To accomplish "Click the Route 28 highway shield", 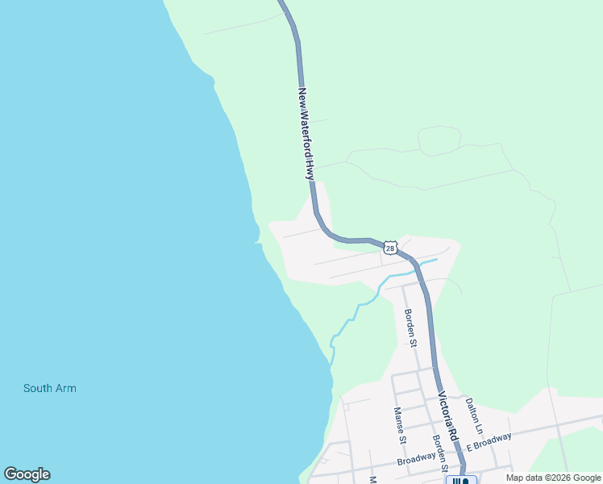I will click(390, 248).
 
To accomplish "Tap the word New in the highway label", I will click(303, 98).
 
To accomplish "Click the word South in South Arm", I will click(37, 389).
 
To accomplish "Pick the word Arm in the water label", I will click(65, 389).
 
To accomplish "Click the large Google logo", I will click(27, 474).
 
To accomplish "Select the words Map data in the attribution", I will click(523, 478).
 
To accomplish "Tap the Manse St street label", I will click(399, 425).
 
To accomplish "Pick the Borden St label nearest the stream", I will click(411, 328).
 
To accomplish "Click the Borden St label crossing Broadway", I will click(440, 453).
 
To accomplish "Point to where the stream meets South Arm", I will click(331, 362).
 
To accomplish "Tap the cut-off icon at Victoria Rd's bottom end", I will click(460, 481).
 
